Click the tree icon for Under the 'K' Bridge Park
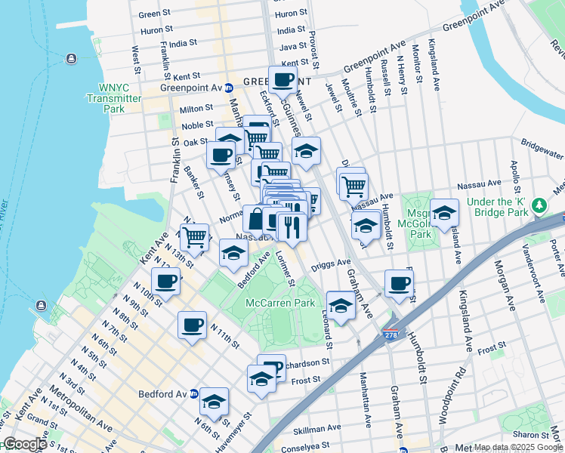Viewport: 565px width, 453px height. point(539,205)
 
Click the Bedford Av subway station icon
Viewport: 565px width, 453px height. point(193,394)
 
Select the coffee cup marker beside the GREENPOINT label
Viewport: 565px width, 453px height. point(282,79)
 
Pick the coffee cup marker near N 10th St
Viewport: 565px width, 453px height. point(165,282)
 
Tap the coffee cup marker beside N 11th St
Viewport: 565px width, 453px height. point(192,325)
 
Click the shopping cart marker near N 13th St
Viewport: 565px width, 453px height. point(195,236)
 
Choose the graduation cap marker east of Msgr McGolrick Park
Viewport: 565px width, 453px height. point(444,213)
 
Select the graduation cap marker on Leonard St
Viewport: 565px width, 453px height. point(341,305)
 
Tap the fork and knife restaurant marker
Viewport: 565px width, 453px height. point(291,226)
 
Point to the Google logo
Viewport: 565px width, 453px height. point(24,444)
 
